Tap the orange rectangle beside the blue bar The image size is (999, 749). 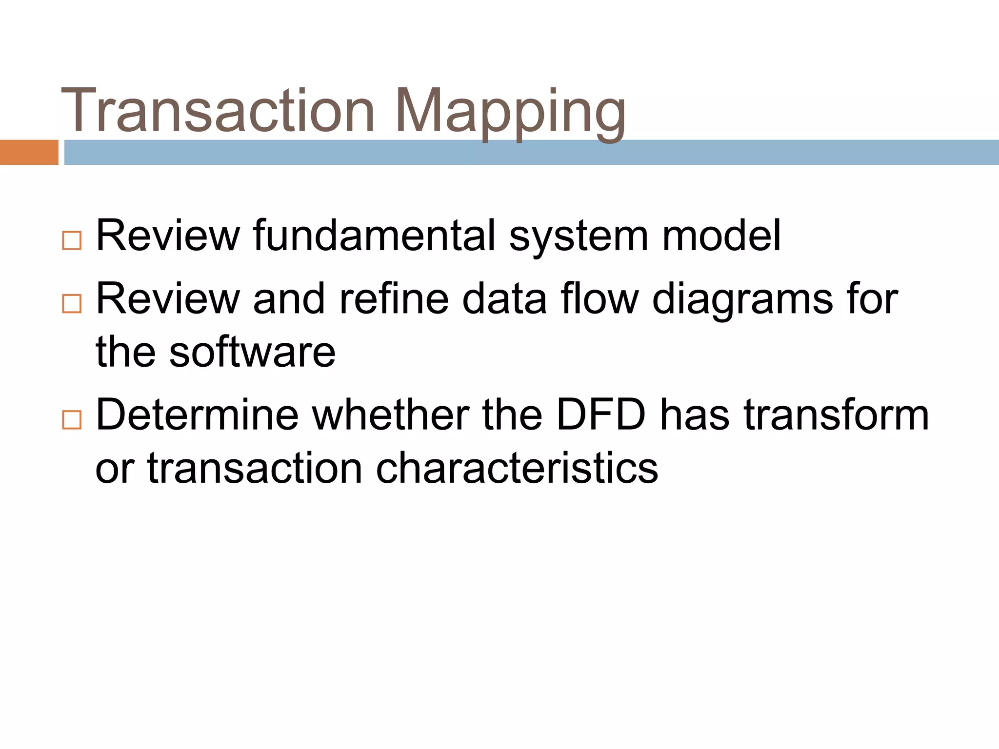click(x=29, y=152)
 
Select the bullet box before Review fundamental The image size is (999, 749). click(x=72, y=241)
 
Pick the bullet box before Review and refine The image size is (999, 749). click(x=72, y=304)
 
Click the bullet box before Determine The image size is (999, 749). click(x=72, y=420)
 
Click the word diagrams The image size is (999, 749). click(x=742, y=301)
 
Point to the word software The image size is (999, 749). click(x=252, y=352)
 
